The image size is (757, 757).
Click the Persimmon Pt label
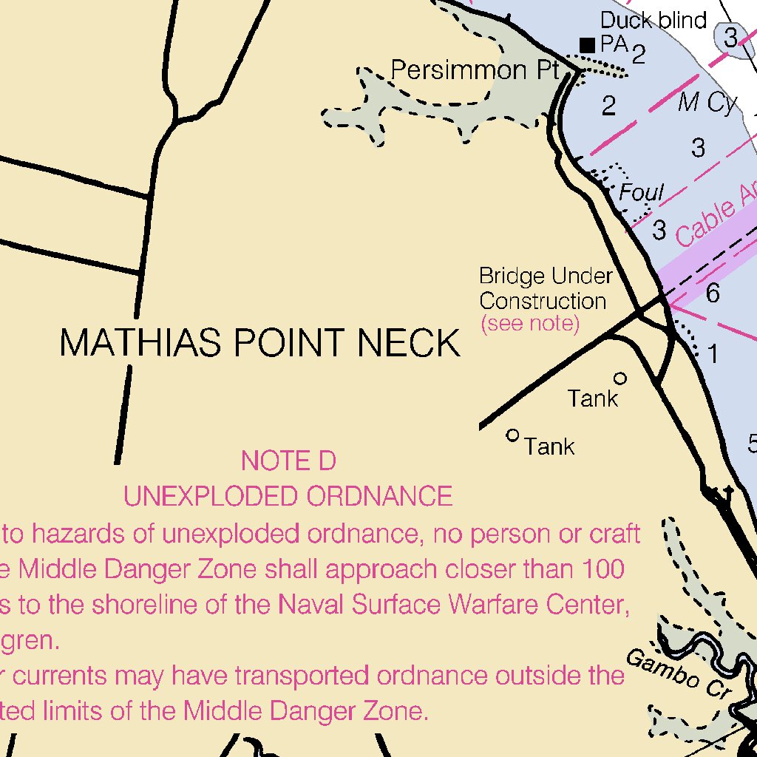click(x=474, y=70)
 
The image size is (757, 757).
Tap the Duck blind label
click(x=654, y=20)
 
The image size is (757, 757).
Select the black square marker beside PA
click(x=588, y=45)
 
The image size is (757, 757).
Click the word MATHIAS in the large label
click(x=141, y=344)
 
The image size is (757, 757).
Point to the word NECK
click(x=410, y=344)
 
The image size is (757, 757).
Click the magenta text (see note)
click(x=529, y=323)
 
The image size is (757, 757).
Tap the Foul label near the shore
click(x=641, y=194)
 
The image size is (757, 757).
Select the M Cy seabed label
click(x=707, y=103)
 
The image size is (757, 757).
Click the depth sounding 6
click(x=713, y=294)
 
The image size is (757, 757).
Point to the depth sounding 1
click(x=713, y=355)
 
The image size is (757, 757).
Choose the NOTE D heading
click(x=288, y=461)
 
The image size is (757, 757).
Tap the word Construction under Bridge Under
click(x=543, y=302)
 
